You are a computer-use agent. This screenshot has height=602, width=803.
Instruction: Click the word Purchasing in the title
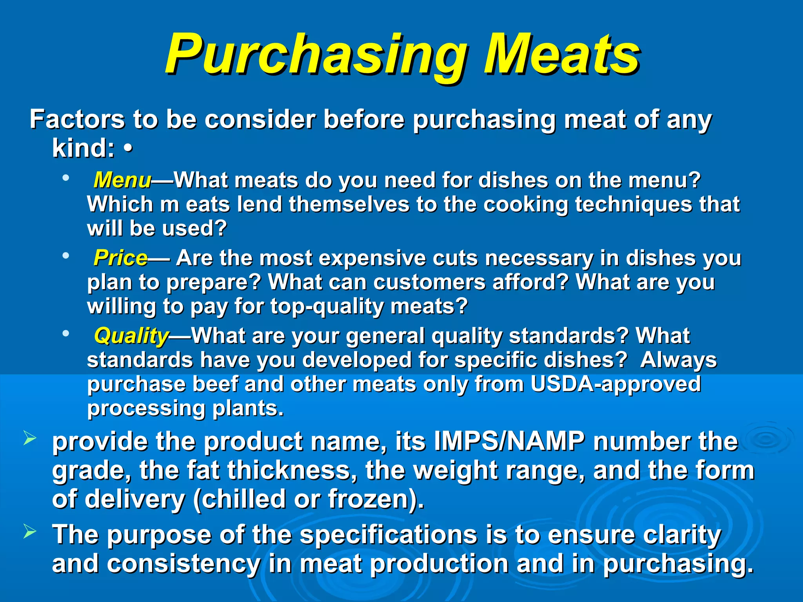point(316,55)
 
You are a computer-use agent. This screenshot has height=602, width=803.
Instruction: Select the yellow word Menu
point(122,180)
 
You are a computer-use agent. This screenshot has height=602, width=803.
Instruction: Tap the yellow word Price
point(120,258)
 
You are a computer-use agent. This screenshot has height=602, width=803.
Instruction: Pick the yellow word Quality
point(131,336)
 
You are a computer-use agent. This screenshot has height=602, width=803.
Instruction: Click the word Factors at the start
point(77,119)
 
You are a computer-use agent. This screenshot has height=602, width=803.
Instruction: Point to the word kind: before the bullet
point(84,149)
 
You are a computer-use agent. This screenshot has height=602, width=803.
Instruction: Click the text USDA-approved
point(616,384)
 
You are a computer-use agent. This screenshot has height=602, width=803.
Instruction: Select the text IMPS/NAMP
point(509,442)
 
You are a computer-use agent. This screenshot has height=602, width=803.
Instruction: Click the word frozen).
point(376,499)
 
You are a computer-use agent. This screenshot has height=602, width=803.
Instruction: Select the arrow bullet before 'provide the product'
point(30,438)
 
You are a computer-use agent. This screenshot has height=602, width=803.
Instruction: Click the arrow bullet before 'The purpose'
point(30,532)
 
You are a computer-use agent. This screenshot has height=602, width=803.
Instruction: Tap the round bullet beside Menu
point(65,178)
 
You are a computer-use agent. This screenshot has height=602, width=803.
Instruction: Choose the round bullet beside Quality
point(65,334)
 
